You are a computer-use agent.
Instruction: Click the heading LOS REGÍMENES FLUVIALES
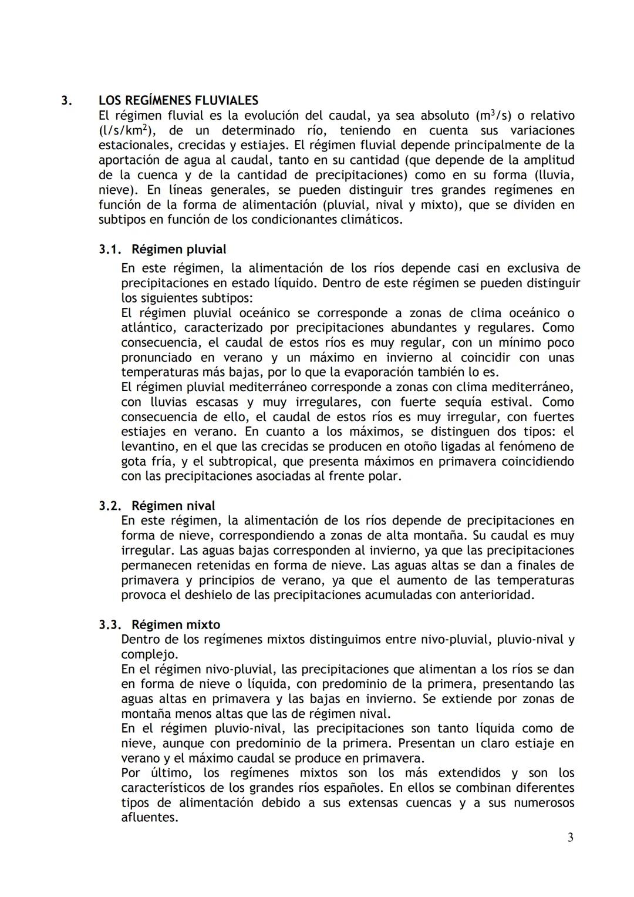coord(178,100)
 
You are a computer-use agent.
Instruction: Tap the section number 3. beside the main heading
coord(67,100)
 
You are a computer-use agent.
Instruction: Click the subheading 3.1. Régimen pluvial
coord(163,249)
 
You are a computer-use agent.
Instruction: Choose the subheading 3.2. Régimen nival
coord(157,505)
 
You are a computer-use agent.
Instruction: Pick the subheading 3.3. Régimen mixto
coord(159,624)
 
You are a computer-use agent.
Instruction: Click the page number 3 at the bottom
coord(570,837)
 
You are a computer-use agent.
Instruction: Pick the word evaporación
coord(409,372)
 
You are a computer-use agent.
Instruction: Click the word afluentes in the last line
coord(149,817)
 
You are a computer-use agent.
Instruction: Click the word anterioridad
coord(494,594)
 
